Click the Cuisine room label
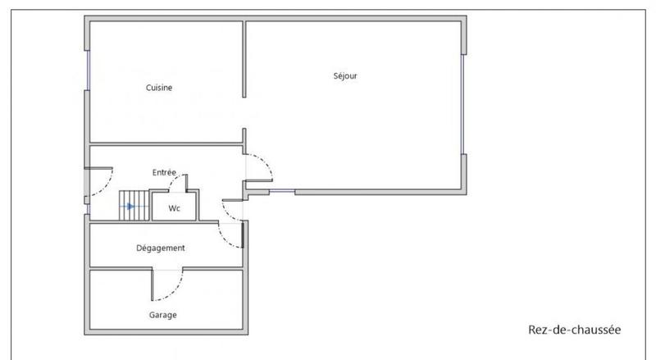tap(159, 88)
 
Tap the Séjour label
tap(345, 76)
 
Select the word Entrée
tap(164, 172)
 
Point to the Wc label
tap(174, 208)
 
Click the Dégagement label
tap(161, 248)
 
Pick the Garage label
tap(162, 314)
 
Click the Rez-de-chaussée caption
tap(575, 330)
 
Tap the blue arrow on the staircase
tap(130, 207)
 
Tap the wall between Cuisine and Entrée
tap(164, 144)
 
